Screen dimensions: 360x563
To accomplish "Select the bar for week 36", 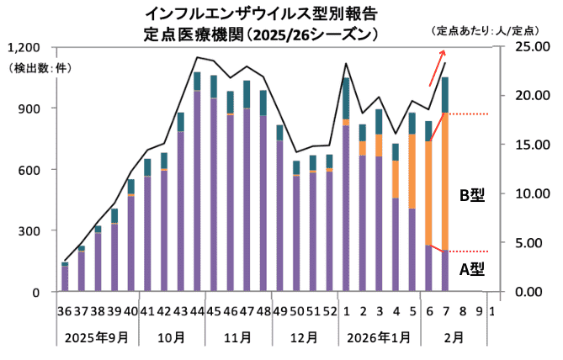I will click(65, 278).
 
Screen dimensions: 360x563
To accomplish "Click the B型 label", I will click(471, 196).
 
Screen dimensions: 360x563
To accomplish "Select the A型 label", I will click(471, 270).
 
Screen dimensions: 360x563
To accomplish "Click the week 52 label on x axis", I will click(329, 310).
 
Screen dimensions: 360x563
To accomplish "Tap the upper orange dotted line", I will click(475, 114).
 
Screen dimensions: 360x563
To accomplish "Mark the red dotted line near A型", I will click(475, 251).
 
